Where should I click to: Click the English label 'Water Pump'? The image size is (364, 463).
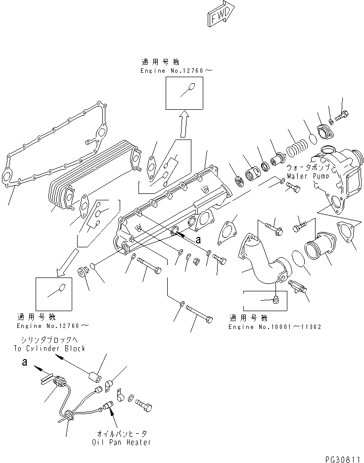(305, 176)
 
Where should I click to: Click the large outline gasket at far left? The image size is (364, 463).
(54, 143)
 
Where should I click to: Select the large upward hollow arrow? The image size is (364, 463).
(184, 124)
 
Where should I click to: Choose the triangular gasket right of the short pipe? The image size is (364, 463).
(347, 232)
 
